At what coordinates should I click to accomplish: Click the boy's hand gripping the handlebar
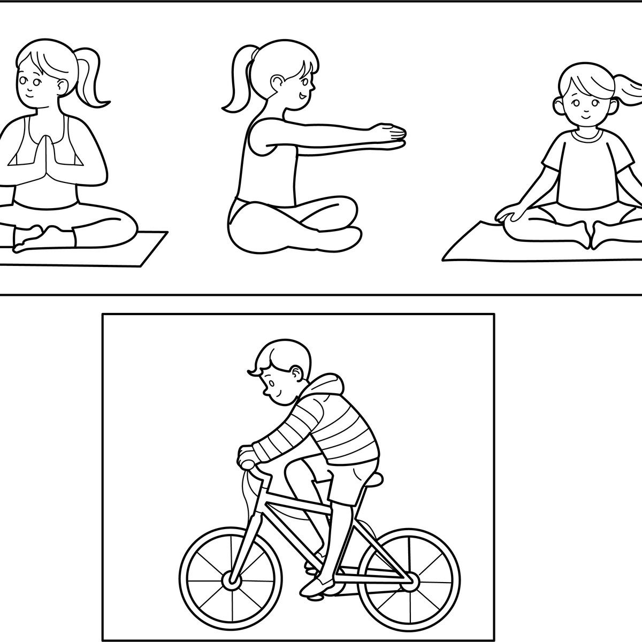247,456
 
